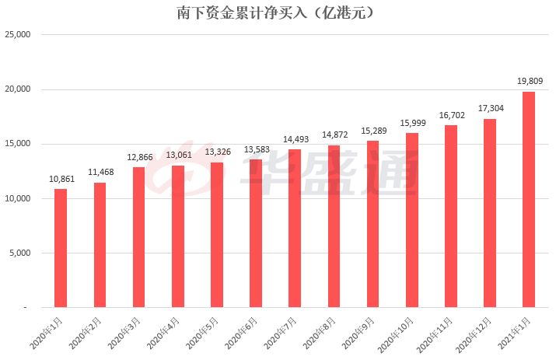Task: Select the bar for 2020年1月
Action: pos(61,248)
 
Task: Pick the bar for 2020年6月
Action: pos(256,233)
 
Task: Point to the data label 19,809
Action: pos(530,80)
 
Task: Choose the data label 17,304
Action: pos(490,108)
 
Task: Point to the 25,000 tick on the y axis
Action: pos(17,35)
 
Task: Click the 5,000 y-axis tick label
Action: pos(19,253)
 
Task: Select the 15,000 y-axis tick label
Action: pos(17,144)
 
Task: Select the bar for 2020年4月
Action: pos(177,236)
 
